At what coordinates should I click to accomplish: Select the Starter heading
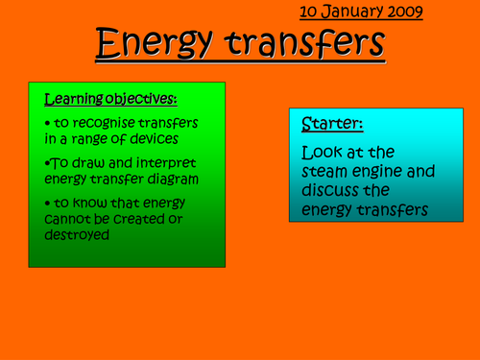(331, 124)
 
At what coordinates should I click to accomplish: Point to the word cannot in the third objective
(69, 219)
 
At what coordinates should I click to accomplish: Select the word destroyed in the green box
(78, 233)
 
